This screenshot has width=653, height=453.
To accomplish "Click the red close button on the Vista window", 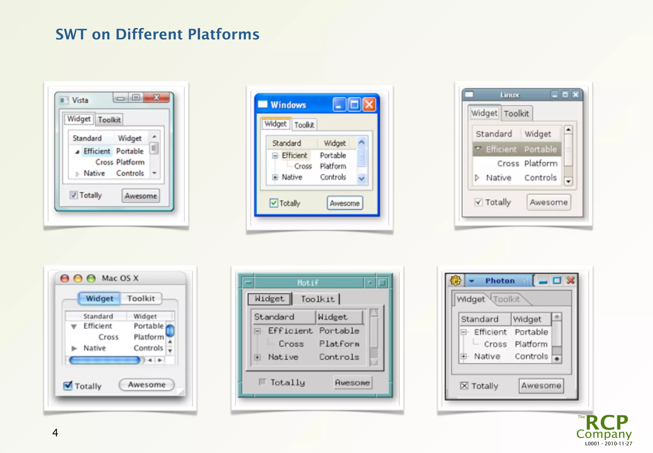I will [x=156, y=98].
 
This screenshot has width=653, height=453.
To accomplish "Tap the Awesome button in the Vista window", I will [x=141, y=196].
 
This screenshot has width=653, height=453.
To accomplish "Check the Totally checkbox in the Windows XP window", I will [x=274, y=203].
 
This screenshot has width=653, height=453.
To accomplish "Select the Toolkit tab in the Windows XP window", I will [x=304, y=125].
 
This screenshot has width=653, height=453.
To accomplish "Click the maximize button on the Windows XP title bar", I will [x=354, y=105].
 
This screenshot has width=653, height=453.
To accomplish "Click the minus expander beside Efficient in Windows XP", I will [x=275, y=156].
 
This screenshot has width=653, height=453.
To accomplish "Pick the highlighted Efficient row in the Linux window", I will [x=517, y=149].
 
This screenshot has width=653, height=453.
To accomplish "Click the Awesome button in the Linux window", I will [x=548, y=202].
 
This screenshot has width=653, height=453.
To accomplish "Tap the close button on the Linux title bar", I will [x=576, y=95].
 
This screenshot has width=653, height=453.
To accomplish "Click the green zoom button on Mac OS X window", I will [x=91, y=278].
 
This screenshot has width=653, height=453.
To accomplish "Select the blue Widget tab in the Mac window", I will [x=99, y=298].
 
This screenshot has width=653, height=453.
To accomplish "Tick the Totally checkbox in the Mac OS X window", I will [x=68, y=386].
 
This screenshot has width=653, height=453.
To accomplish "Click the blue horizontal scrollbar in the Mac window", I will [x=105, y=360].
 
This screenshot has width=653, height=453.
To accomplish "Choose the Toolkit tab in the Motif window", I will [x=318, y=299].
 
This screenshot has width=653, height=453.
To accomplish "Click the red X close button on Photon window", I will [x=570, y=281].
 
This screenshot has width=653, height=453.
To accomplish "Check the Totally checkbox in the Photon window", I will [x=464, y=386].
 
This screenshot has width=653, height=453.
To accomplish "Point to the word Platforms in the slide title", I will [x=223, y=34].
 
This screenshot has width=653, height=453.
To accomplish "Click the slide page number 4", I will [x=55, y=433].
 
